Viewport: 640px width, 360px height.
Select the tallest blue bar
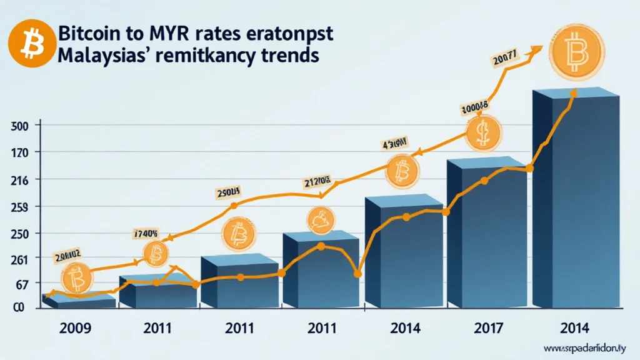575,200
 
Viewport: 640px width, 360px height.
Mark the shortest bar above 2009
78,302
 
